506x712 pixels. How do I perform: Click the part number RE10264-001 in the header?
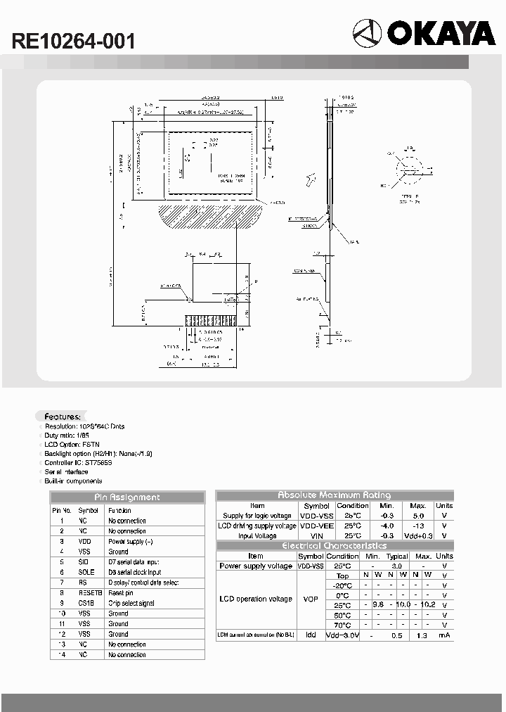coord(73,42)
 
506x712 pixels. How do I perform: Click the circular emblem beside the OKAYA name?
coord(366,33)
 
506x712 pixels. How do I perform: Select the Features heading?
coord(63,416)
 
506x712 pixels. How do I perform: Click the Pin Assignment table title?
coord(126,497)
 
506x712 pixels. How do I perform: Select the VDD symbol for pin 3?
coord(85,542)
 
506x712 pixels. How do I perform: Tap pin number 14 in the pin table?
coord(62,654)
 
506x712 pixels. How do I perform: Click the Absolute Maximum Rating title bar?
coord(335,495)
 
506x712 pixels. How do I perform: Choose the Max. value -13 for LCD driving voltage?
coord(418,526)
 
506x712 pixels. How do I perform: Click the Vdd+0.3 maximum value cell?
coord(418,535)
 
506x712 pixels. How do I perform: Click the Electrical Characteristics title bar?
coord(335,545)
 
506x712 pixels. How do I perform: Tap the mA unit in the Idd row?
coord(443,635)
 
